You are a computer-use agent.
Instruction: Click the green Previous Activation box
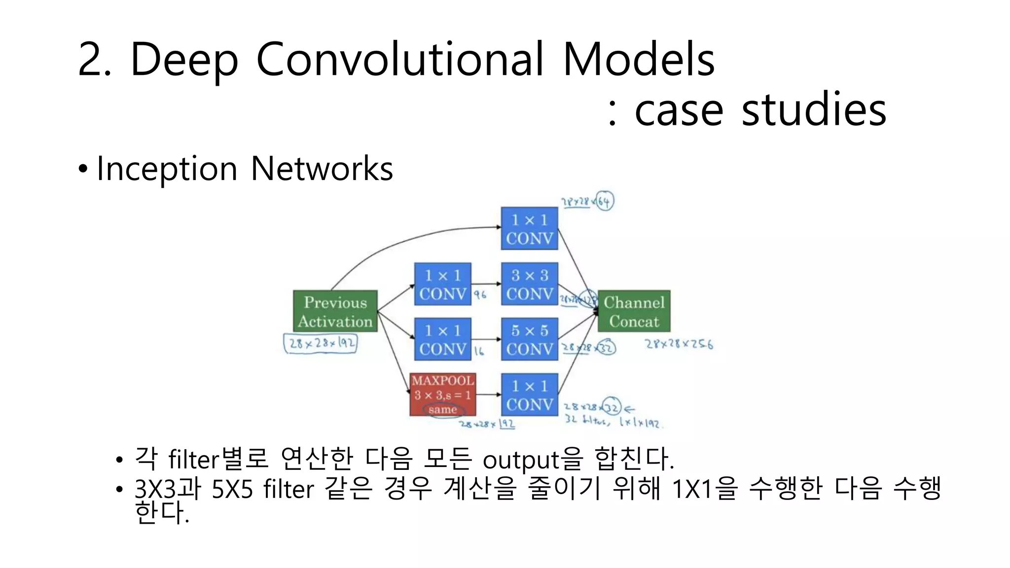(x=335, y=311)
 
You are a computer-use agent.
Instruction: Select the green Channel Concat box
(x=634, y=311)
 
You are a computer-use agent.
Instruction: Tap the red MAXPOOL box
(x=443, y=394)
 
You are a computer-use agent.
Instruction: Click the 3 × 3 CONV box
(x=530, y=284)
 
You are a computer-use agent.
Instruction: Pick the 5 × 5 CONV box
(x=530, y=339)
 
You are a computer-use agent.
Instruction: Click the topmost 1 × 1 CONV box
(x=530, y=229)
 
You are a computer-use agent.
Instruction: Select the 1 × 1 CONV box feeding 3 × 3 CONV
(x=443, y=284)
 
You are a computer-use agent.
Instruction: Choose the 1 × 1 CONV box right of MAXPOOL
(x=530, y=394)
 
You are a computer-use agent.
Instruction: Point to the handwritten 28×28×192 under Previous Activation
(x=321, y=343)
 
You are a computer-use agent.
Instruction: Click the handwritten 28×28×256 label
(x=679, y=344)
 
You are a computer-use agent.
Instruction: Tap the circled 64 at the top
(x=605, y=201)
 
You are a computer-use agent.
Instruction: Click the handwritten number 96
(x=480, y=295)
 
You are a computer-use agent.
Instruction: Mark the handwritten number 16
(x=479, y=351)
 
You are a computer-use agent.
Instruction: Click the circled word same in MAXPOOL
(x=443, y=410)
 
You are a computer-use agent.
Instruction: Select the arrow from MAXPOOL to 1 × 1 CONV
(x=488, y=394)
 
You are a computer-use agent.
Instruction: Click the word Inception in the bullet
(x=167, y=169)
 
